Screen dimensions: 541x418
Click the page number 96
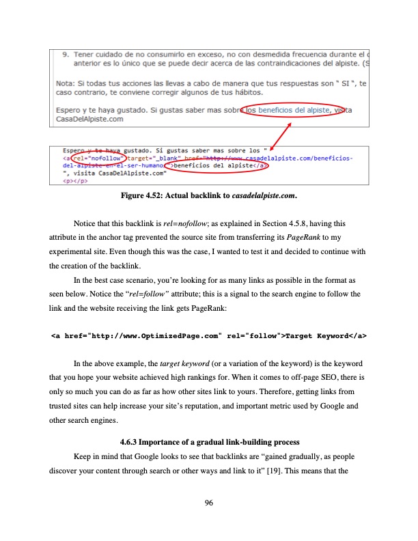(x=209, y=503)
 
